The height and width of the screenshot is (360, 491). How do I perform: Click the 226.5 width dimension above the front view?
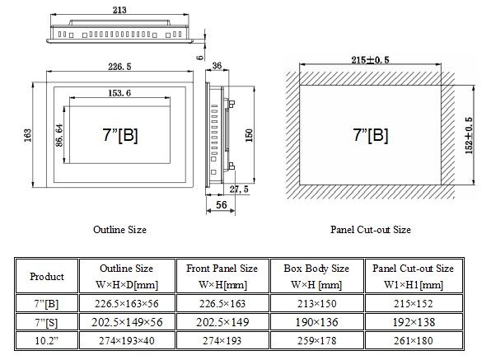pyautogui.click(x=119, y=67)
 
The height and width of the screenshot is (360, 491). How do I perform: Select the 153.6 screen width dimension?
pyautogui.click(x=119, y=93)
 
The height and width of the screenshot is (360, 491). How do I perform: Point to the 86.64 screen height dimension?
pyautogui.click(x=59, y=135)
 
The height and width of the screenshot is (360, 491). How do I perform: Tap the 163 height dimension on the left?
pyautogui.click(x=27, y=135)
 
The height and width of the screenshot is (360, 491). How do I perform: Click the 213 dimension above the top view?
pyautogui.click(x=119, y=10)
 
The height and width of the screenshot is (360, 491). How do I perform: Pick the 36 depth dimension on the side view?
pyautogui.click(x=217, y=66)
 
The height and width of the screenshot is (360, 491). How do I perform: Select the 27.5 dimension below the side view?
pyautogui.click(x=239, y=189)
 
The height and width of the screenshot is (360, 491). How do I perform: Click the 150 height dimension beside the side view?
pyautogui.click(x=249, y=135)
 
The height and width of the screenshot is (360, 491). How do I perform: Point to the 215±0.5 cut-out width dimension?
pyautogui.click(x=370, y=60)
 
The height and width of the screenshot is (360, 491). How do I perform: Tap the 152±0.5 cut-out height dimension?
pyautogui.click(x=469, y=136)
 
